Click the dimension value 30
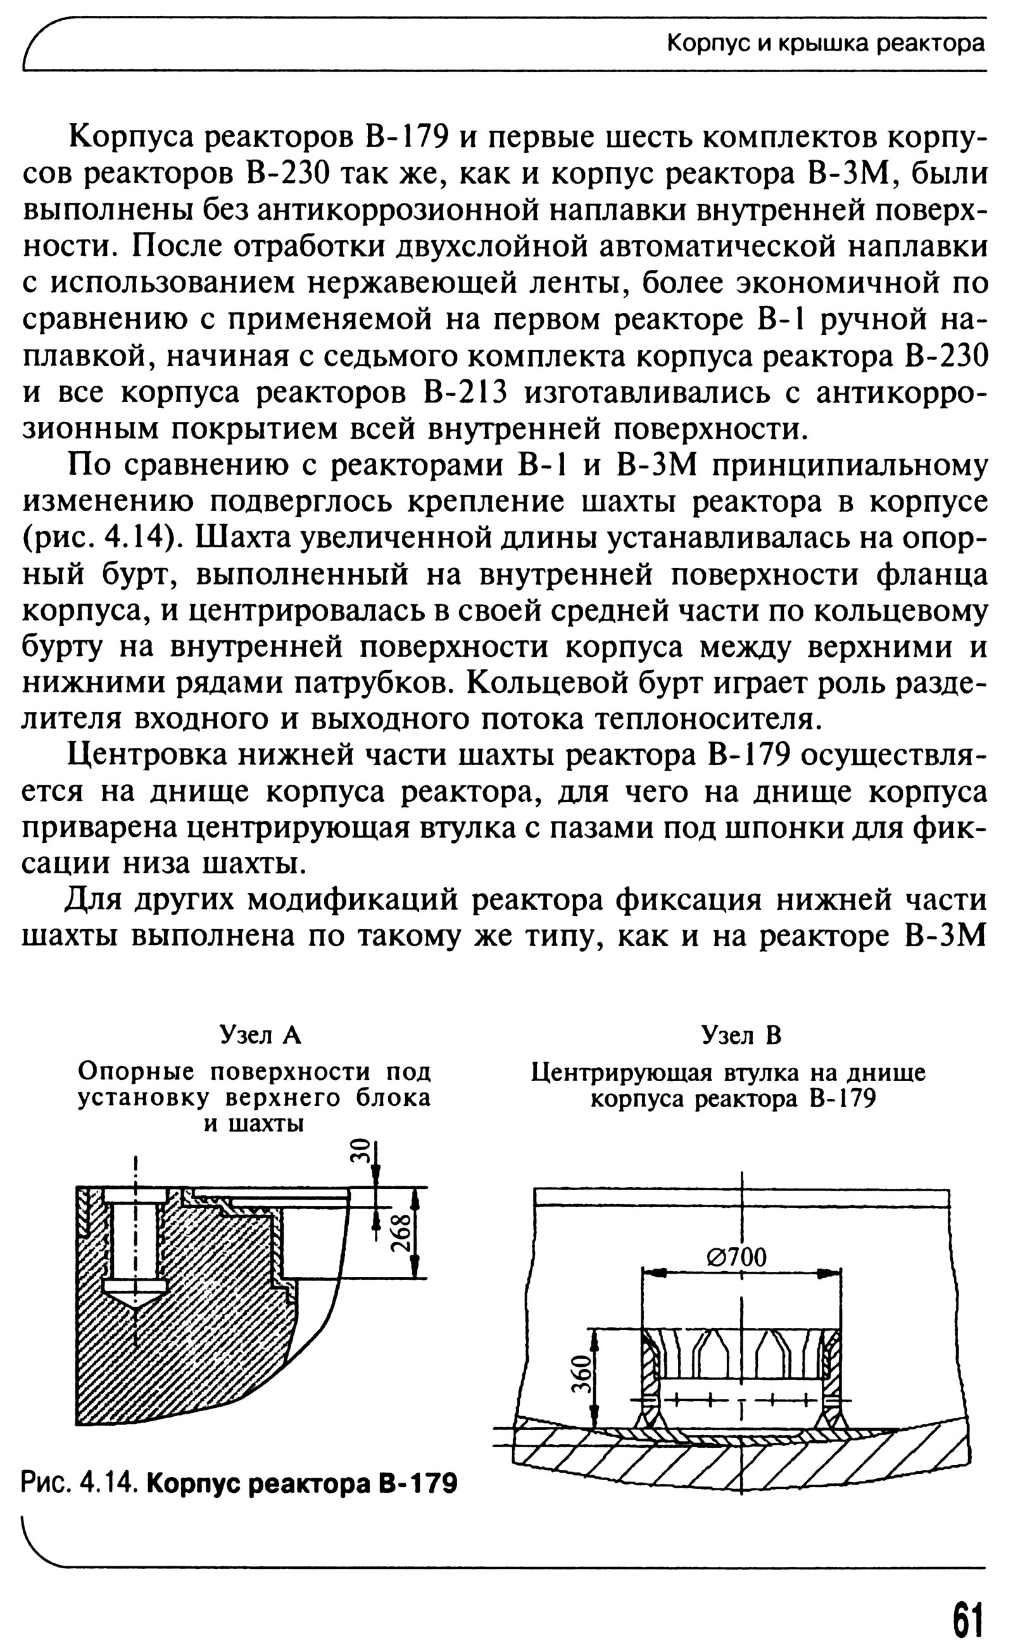pos(361,1151)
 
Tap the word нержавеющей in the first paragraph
pos(413,284)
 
